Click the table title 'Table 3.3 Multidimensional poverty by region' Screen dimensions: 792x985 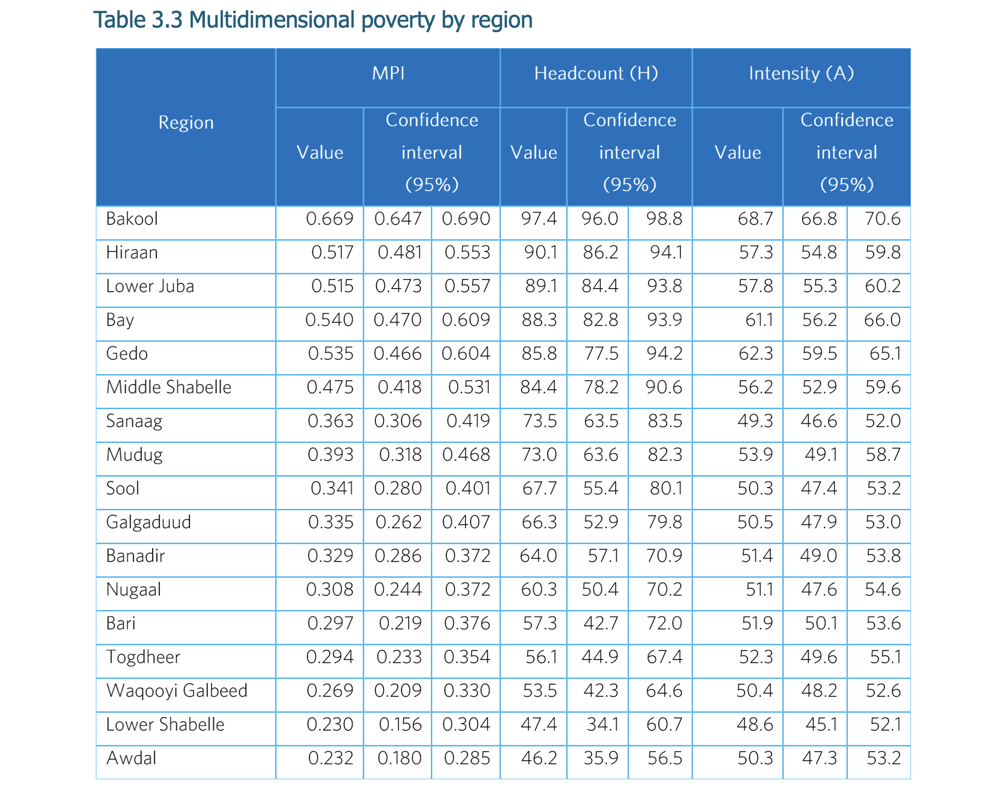[313, 20]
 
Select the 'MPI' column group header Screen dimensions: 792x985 [388, 74]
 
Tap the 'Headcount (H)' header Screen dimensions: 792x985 [596, 74]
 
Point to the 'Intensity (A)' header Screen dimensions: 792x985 [801, 74]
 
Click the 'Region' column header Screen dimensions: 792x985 [186, 123]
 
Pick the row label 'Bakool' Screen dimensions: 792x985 [132, 219]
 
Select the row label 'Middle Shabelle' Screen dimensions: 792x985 [169, 387]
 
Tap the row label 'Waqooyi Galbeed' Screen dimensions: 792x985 [177, 691]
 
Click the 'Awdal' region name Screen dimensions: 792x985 [131, 758]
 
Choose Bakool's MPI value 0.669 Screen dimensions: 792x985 [330, 219]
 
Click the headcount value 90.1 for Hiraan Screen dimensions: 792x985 [541, 253]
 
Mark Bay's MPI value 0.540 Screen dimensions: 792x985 [329, 320]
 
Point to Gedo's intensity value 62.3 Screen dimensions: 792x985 [756, 354]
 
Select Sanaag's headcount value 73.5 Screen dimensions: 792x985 [540, 422]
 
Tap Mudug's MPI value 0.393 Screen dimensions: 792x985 [330, 455]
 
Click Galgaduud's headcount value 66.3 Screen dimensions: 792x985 [539, 523]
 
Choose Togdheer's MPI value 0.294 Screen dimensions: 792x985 [330, 658]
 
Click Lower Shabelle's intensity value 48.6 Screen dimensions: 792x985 [755, 725]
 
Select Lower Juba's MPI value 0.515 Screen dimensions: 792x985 [332, 287]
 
